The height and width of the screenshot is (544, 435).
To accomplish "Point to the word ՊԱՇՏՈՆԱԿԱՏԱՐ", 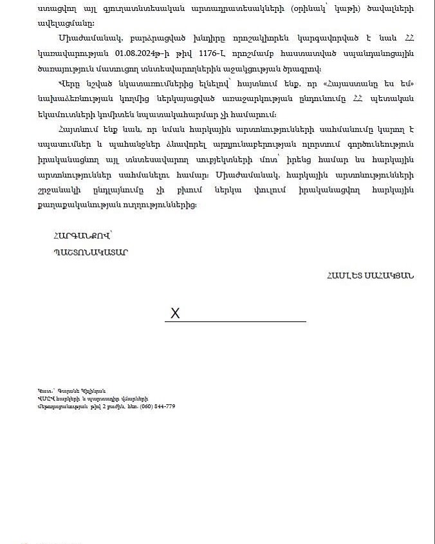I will (91, 252).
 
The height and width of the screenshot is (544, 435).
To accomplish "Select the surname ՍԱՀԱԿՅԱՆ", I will (393, 276).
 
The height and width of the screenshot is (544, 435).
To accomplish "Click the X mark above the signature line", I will (175, 314).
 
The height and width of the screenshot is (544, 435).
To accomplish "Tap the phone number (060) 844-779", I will (158, 406).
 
